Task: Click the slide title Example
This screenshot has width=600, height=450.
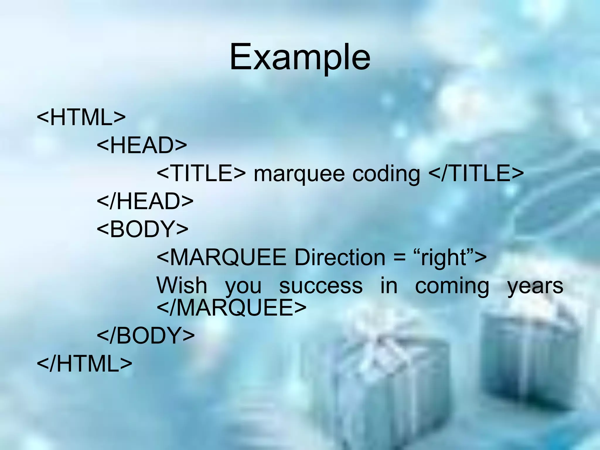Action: tap(300, 57)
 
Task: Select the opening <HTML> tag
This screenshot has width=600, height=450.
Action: tap(81, 117)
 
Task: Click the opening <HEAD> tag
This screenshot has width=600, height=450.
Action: tap(142, 145)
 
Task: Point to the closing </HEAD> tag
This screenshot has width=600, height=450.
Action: tap(145, 201)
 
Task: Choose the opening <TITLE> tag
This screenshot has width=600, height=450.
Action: tap(201, 173)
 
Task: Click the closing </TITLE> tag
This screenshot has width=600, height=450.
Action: tap(476, 173)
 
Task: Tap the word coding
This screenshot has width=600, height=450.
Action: tap(386, 174)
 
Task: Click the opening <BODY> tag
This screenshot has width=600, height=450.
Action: tap(142, 229)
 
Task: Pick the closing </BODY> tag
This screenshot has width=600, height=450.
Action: tap(146, 335)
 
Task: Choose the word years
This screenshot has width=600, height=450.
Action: tap(535, 286)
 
